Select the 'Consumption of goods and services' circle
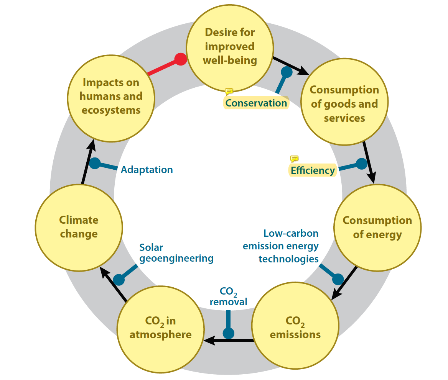344,104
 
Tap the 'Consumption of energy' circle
377,227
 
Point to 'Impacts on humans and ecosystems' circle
111,96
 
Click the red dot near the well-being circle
181,59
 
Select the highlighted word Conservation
256,103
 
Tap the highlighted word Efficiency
313,170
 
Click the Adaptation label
147,170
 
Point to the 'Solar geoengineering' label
176,253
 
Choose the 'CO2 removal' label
229,296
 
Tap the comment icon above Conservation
229,92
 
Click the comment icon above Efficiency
294,159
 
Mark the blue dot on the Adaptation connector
95,163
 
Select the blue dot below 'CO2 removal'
229,333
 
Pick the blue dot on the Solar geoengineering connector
119,280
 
